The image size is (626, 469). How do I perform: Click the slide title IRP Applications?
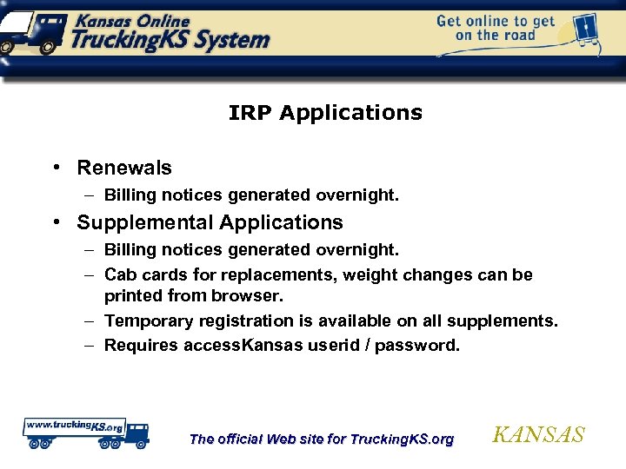pyautogui.click(x=325, y=113)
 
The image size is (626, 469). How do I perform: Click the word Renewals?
pyautogui.click(x=124, y=168)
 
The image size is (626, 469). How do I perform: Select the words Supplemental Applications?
pyautogui.click(x=210, y=222)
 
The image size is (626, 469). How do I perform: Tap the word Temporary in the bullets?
pyautogui.click(x=149, y=321)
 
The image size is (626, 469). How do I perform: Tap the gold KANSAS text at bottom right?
pyautogui.click(x=538, y=435)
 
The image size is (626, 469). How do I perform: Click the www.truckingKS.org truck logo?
pyautogui.click(x=85, y=433)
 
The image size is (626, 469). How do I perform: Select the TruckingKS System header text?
pyautogui.click(x=170, y=39)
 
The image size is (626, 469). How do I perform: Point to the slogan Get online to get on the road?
pyautogui.click(x=495, y=28)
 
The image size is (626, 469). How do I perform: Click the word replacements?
pyautogui.click(x=295, y=274)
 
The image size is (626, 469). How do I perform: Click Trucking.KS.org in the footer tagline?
pyautogui.click(x=401, y=439)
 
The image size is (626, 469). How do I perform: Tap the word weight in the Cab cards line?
pyautogui.click(x=377, y=274)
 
